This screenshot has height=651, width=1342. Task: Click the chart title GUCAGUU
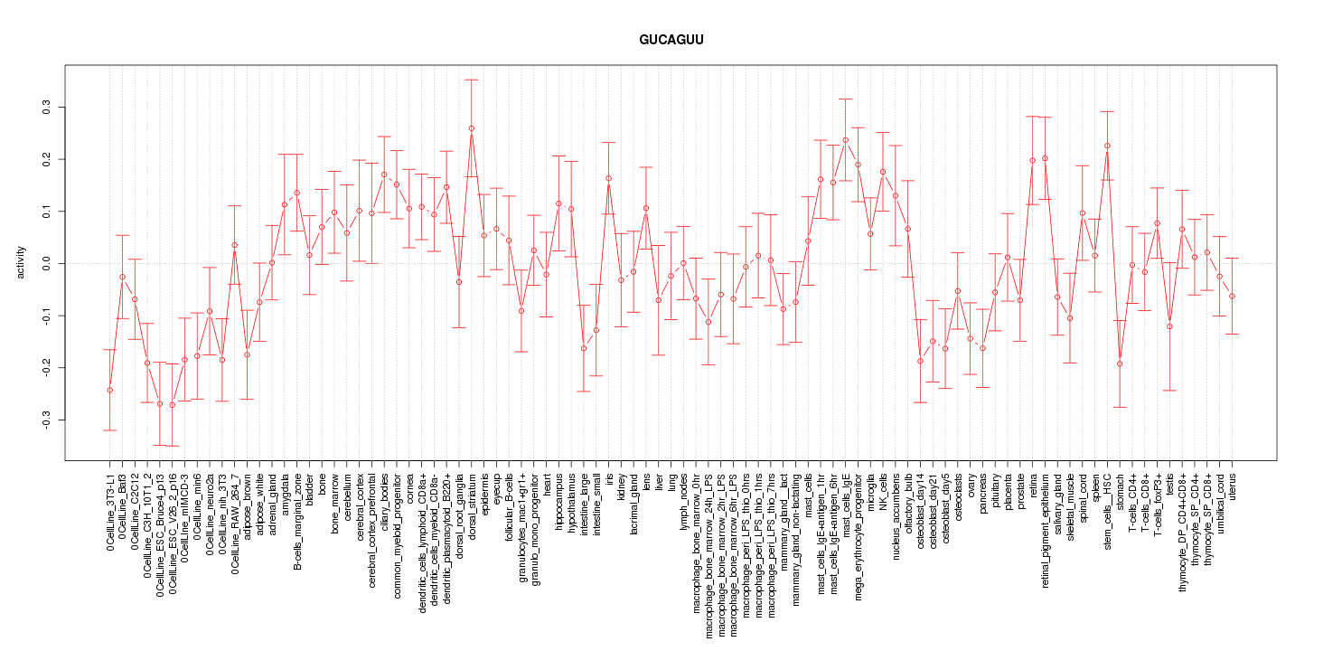pos(671,41)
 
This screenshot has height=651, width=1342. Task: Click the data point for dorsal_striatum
pos(472,128)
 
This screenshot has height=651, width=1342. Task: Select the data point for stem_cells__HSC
pos(1107,146)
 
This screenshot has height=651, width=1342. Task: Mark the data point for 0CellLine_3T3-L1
pos(109,391)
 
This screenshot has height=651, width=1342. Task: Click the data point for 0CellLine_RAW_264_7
pos(234,245)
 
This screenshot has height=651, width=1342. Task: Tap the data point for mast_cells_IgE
pos(845,140)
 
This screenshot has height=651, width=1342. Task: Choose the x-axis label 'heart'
pos(547,482)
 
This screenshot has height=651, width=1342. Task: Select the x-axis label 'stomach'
pos(1121,489)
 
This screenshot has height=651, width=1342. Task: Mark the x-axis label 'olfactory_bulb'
pos(908,500)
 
